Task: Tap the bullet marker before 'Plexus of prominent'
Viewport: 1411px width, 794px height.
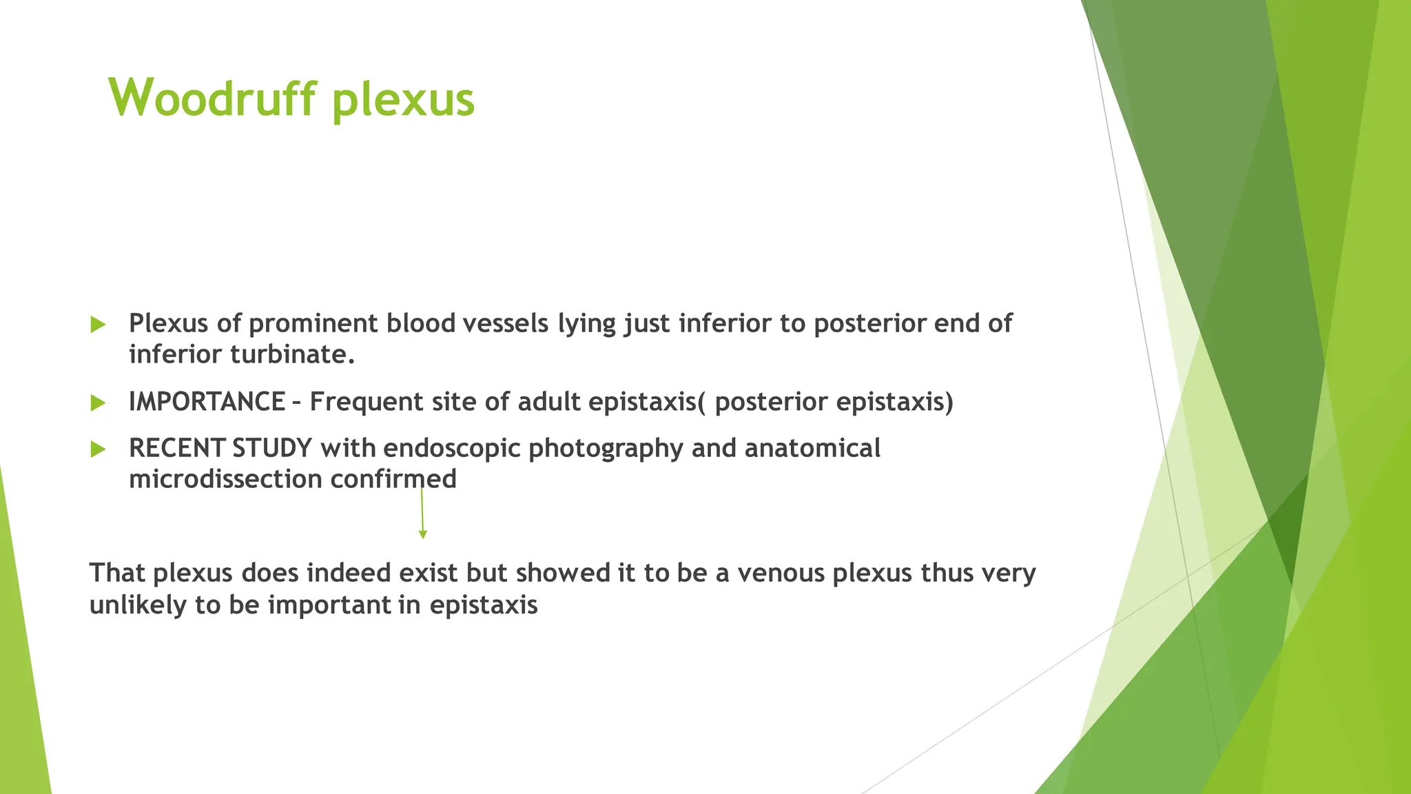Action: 98,324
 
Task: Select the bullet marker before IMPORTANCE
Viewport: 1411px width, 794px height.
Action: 98,403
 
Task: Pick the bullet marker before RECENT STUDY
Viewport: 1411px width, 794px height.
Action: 98,449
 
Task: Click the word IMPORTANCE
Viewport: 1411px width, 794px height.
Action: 207,402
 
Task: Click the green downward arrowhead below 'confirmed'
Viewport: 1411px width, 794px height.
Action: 423,534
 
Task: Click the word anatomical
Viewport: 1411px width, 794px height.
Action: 812,449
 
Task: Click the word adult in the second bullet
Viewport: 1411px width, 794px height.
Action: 548,402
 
